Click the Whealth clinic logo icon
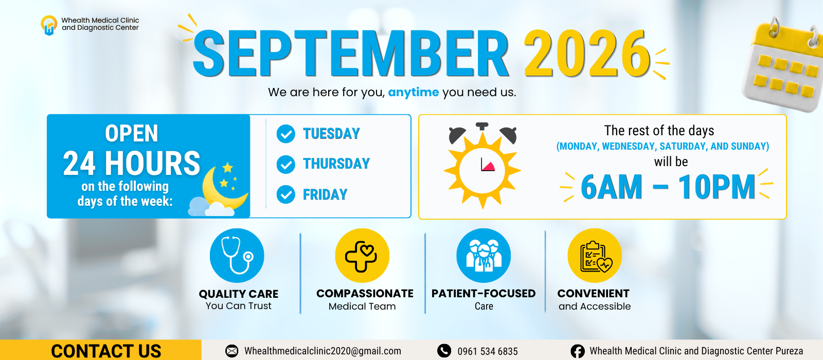(x=49, y=25)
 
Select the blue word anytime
(x=414, y=92)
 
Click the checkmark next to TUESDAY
(x=286, y=134)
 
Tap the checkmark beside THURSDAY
(x=286, y=164)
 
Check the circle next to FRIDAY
(x=286, y=195)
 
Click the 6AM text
(x=612, y=187)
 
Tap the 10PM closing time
(x=717, y=187)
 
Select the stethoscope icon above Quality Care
(x=237, y=256)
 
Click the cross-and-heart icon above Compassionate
(x=362, y=256)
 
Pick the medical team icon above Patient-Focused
(x=484, y=256)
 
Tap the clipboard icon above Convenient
(x=595, y=256)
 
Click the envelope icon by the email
(x=232, y=351)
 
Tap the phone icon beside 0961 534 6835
(x=444, y=351)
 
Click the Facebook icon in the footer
(x=578, y=351)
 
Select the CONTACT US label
(x=106, y=351)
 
